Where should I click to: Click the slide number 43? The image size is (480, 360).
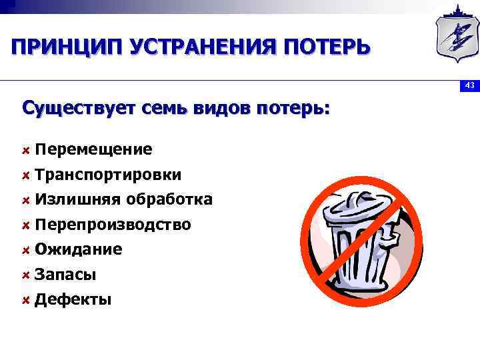point(469,85)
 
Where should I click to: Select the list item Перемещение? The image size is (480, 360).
point(93,149)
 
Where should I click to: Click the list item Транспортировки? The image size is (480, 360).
point(108,175)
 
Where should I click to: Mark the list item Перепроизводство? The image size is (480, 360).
point(113,225)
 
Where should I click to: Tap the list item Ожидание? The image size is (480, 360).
point(78,249)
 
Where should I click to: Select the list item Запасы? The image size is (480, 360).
point(65,275)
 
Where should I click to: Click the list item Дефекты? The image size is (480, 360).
point(73,299)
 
